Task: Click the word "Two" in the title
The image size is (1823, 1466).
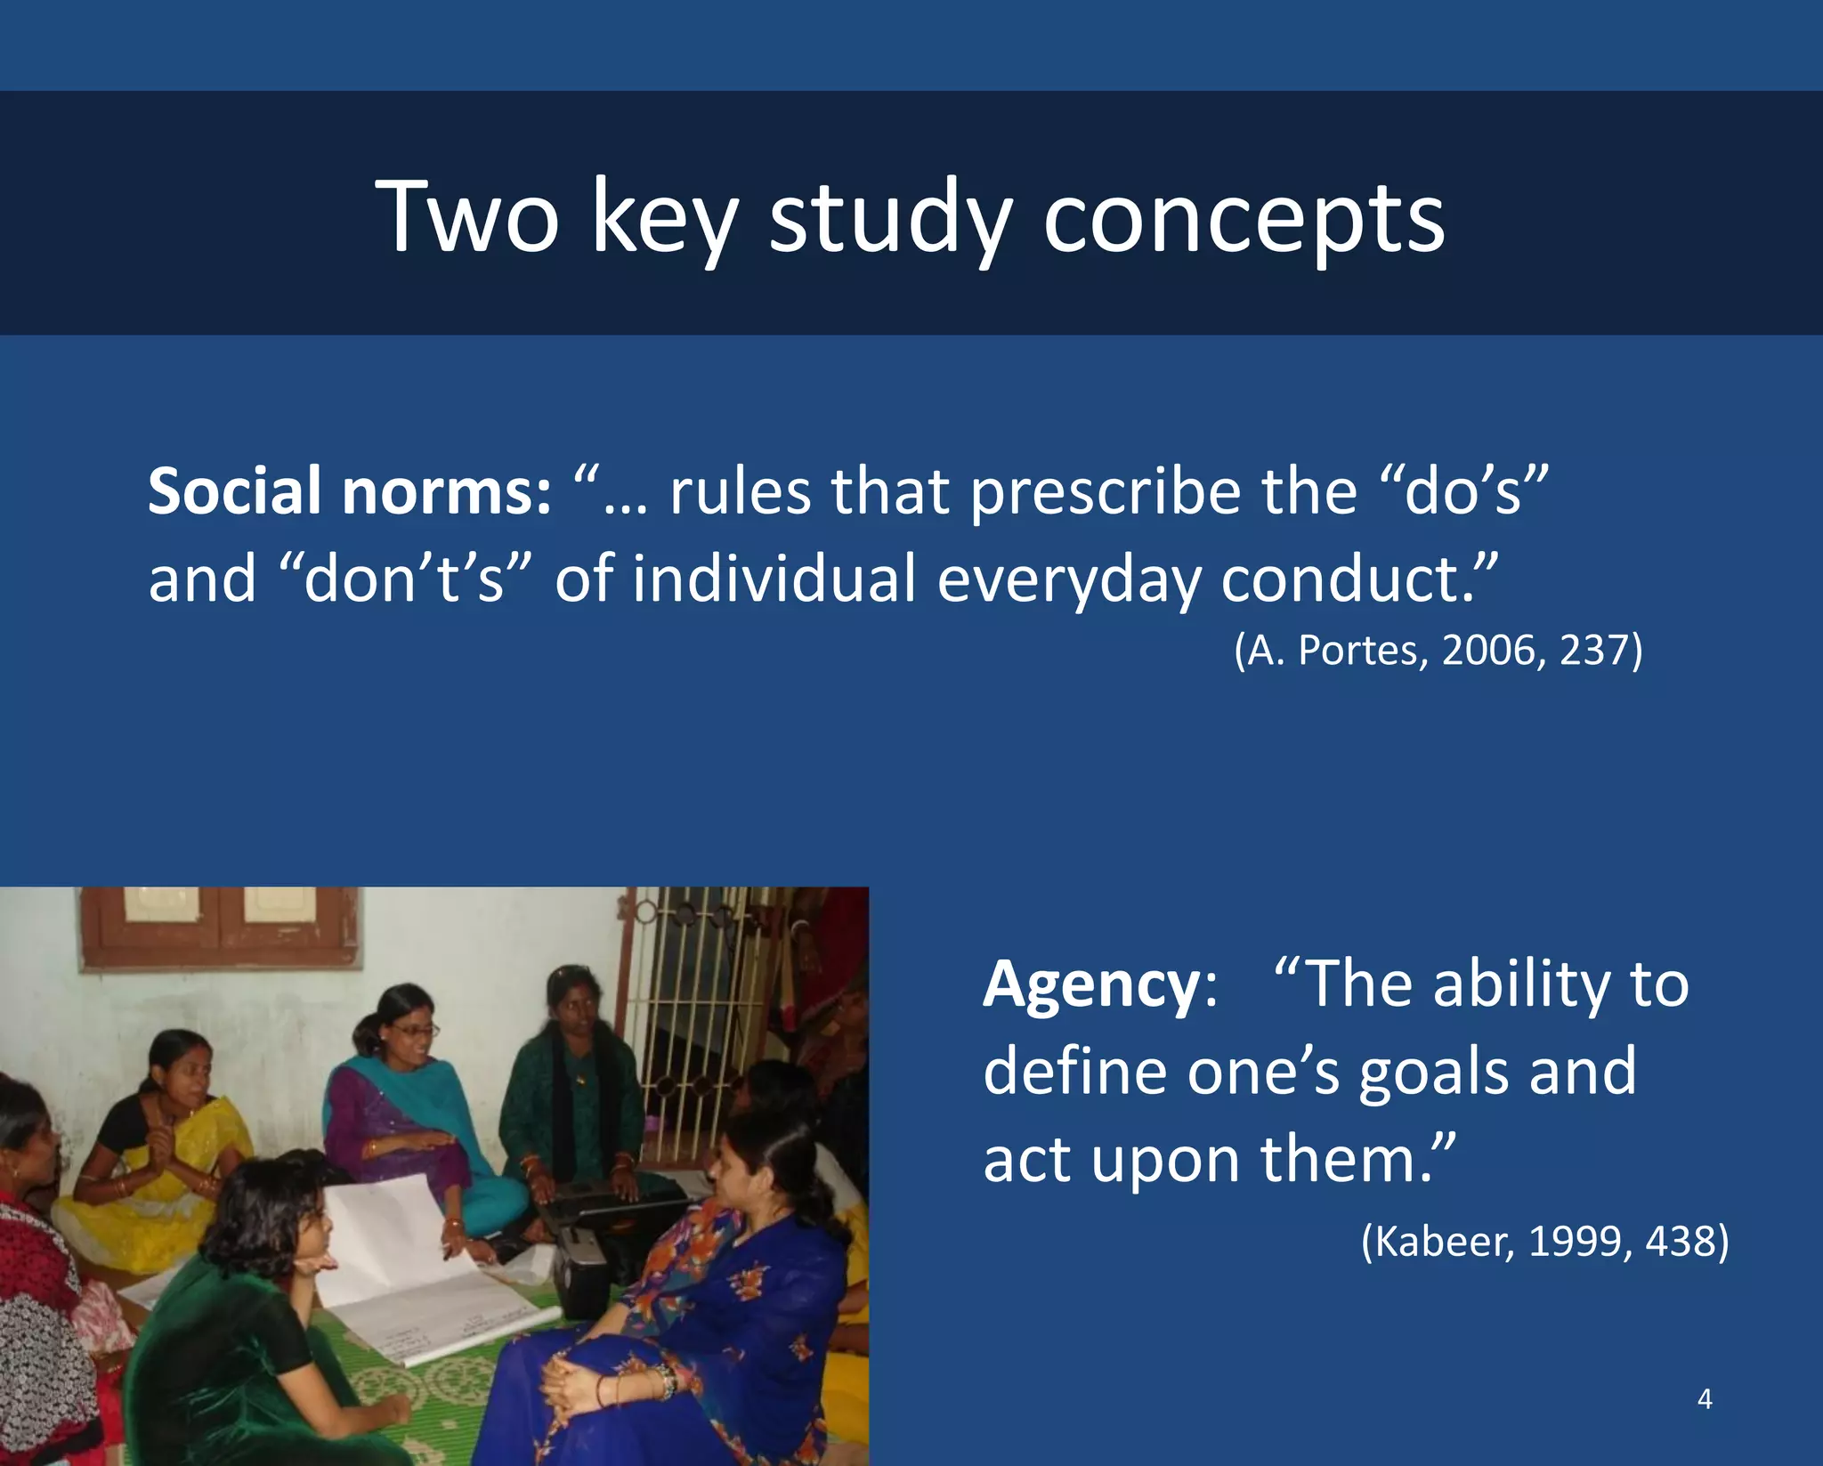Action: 467,216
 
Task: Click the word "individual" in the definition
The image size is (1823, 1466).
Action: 774,579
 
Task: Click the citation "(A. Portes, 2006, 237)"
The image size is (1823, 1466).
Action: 1438,650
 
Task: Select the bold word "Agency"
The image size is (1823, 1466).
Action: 1091,986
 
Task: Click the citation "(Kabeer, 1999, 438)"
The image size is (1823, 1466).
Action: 1544,1240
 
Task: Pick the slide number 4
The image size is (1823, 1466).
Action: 1705,1398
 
